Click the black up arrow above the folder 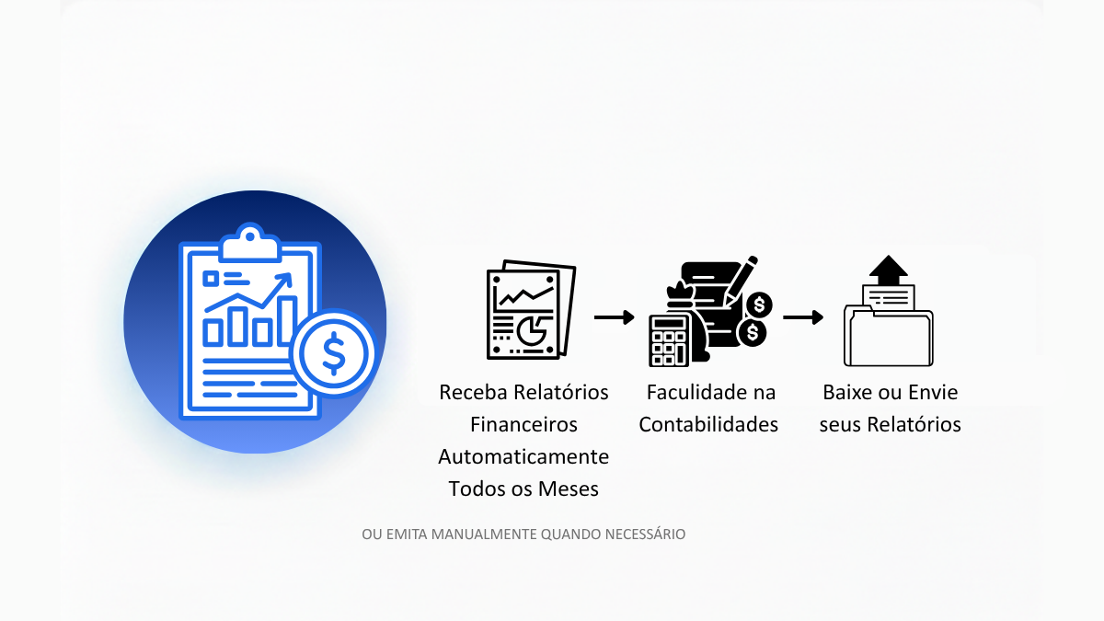click(888, 269)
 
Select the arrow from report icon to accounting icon click(614, 317)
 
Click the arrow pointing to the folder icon click(803, 317)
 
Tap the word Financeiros click(523, 424)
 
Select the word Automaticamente click(523, 456)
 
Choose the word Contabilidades click(708, 424)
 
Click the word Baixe click(847, 392)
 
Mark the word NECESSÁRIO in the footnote click(645, 534)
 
